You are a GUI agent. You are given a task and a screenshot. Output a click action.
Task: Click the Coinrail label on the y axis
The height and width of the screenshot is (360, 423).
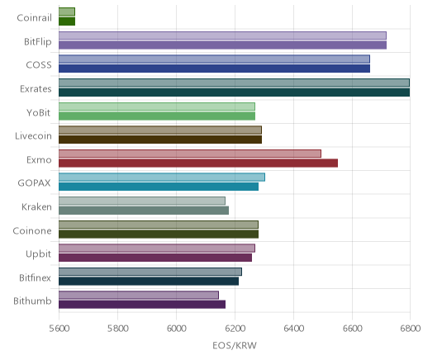(x=34, y=18)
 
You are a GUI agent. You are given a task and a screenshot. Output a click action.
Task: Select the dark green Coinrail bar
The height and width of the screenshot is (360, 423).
(x=67, y=21)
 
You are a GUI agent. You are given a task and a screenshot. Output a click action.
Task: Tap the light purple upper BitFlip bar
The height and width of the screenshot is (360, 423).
(x=222, y=36)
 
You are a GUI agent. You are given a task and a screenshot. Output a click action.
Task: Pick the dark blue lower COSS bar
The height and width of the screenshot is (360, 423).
(x=214, y=69)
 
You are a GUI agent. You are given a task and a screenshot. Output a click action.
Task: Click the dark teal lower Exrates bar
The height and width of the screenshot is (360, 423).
(x=234, y=92)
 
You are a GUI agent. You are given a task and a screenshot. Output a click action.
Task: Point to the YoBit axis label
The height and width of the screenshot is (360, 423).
(x=38, y=112)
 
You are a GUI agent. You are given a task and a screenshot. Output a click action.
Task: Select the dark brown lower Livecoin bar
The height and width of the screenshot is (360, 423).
(x=160, y=140)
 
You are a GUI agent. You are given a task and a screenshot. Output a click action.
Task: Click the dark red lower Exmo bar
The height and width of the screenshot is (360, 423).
(x=198, y=163)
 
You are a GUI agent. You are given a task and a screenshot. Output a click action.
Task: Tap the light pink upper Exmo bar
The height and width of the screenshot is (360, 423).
(x=190, y=154)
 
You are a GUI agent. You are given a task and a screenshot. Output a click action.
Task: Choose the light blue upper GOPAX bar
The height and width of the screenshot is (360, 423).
(x=162, y=178)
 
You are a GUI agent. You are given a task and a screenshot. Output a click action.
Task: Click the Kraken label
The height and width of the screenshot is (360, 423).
(x=36, y=206)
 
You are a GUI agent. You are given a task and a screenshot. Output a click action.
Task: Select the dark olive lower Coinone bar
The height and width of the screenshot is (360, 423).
(x=159, y=234)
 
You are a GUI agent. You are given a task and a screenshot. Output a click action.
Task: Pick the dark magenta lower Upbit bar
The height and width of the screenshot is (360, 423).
(x=155, y=258)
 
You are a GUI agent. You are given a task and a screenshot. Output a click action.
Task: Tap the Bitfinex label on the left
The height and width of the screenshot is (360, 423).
(x=35, y=277)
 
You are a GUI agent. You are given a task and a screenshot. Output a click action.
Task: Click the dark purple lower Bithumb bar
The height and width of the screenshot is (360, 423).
(x=142, y=305)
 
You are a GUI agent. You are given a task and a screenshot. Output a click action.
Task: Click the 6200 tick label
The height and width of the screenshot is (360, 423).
(x=235, y=329)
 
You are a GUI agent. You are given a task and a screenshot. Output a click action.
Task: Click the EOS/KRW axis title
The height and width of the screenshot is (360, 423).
(x=235, y=345)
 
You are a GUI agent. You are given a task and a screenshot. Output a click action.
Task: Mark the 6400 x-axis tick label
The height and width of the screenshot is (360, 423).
(x=293, y=329)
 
